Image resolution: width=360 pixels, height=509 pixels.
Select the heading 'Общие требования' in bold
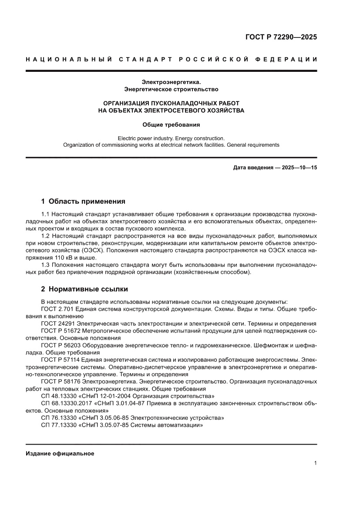pyautogui.click(x=171, y=125)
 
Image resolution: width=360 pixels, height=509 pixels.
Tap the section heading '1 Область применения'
pyautogui.click(x=83, y=201)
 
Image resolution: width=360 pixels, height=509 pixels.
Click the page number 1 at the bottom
pyautogui.click(x=315, y=463)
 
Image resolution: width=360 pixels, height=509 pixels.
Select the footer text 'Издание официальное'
pyautogui.click(x=60, y=453)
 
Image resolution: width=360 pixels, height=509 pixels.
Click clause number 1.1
pyautogui.click(x=46, y=215)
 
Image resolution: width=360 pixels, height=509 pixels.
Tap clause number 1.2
pyautogui.click(x=46, y=236)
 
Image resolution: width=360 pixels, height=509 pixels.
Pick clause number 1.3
pyautogui.click(x=46, y=265)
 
